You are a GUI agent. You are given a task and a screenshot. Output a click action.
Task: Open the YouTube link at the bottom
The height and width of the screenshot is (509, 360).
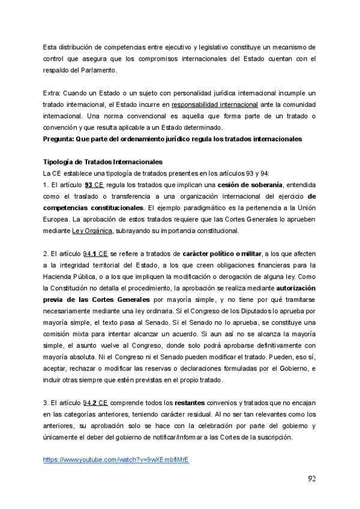(x=116, y=460)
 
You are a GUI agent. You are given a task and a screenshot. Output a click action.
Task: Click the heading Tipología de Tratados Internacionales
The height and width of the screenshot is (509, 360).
(x=103, y=162)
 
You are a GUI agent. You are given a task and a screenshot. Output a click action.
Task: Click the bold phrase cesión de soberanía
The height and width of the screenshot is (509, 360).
(x=250, y=185)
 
